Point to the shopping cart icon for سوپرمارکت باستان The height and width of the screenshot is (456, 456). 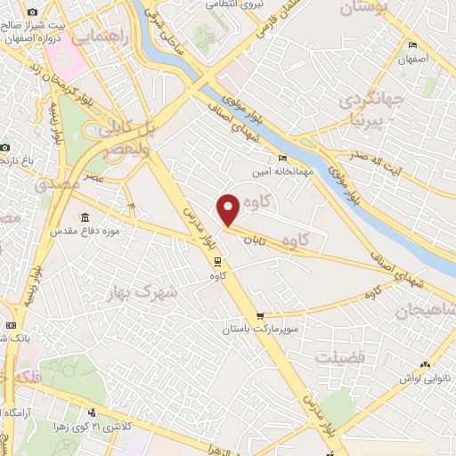click(259, 315)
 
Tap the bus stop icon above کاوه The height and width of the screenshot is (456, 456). click(216, 261)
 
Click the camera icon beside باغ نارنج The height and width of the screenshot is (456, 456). click(4, 146)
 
